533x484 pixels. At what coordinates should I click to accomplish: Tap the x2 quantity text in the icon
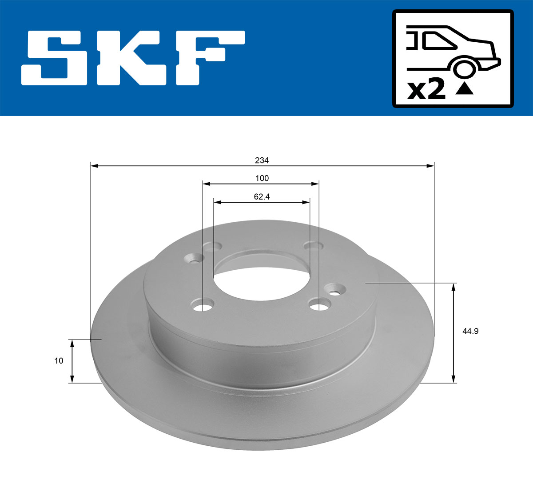(x=426, y=90)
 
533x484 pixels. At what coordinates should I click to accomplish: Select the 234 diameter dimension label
(x=262, y=160)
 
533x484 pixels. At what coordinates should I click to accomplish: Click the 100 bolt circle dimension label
(x=262, y=178)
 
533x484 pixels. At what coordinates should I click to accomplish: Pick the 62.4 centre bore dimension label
(x=262, y=196)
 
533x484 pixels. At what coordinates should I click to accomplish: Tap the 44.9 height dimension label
(x=470, y=331)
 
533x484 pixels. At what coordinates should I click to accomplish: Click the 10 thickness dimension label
(x=59, y=361)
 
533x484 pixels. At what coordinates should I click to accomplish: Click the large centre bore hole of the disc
(x=262, y=282)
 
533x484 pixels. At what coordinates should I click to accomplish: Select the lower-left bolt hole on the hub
(x=203, y=306)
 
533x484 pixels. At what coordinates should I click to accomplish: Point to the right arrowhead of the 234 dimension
(x=430, y=166)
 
